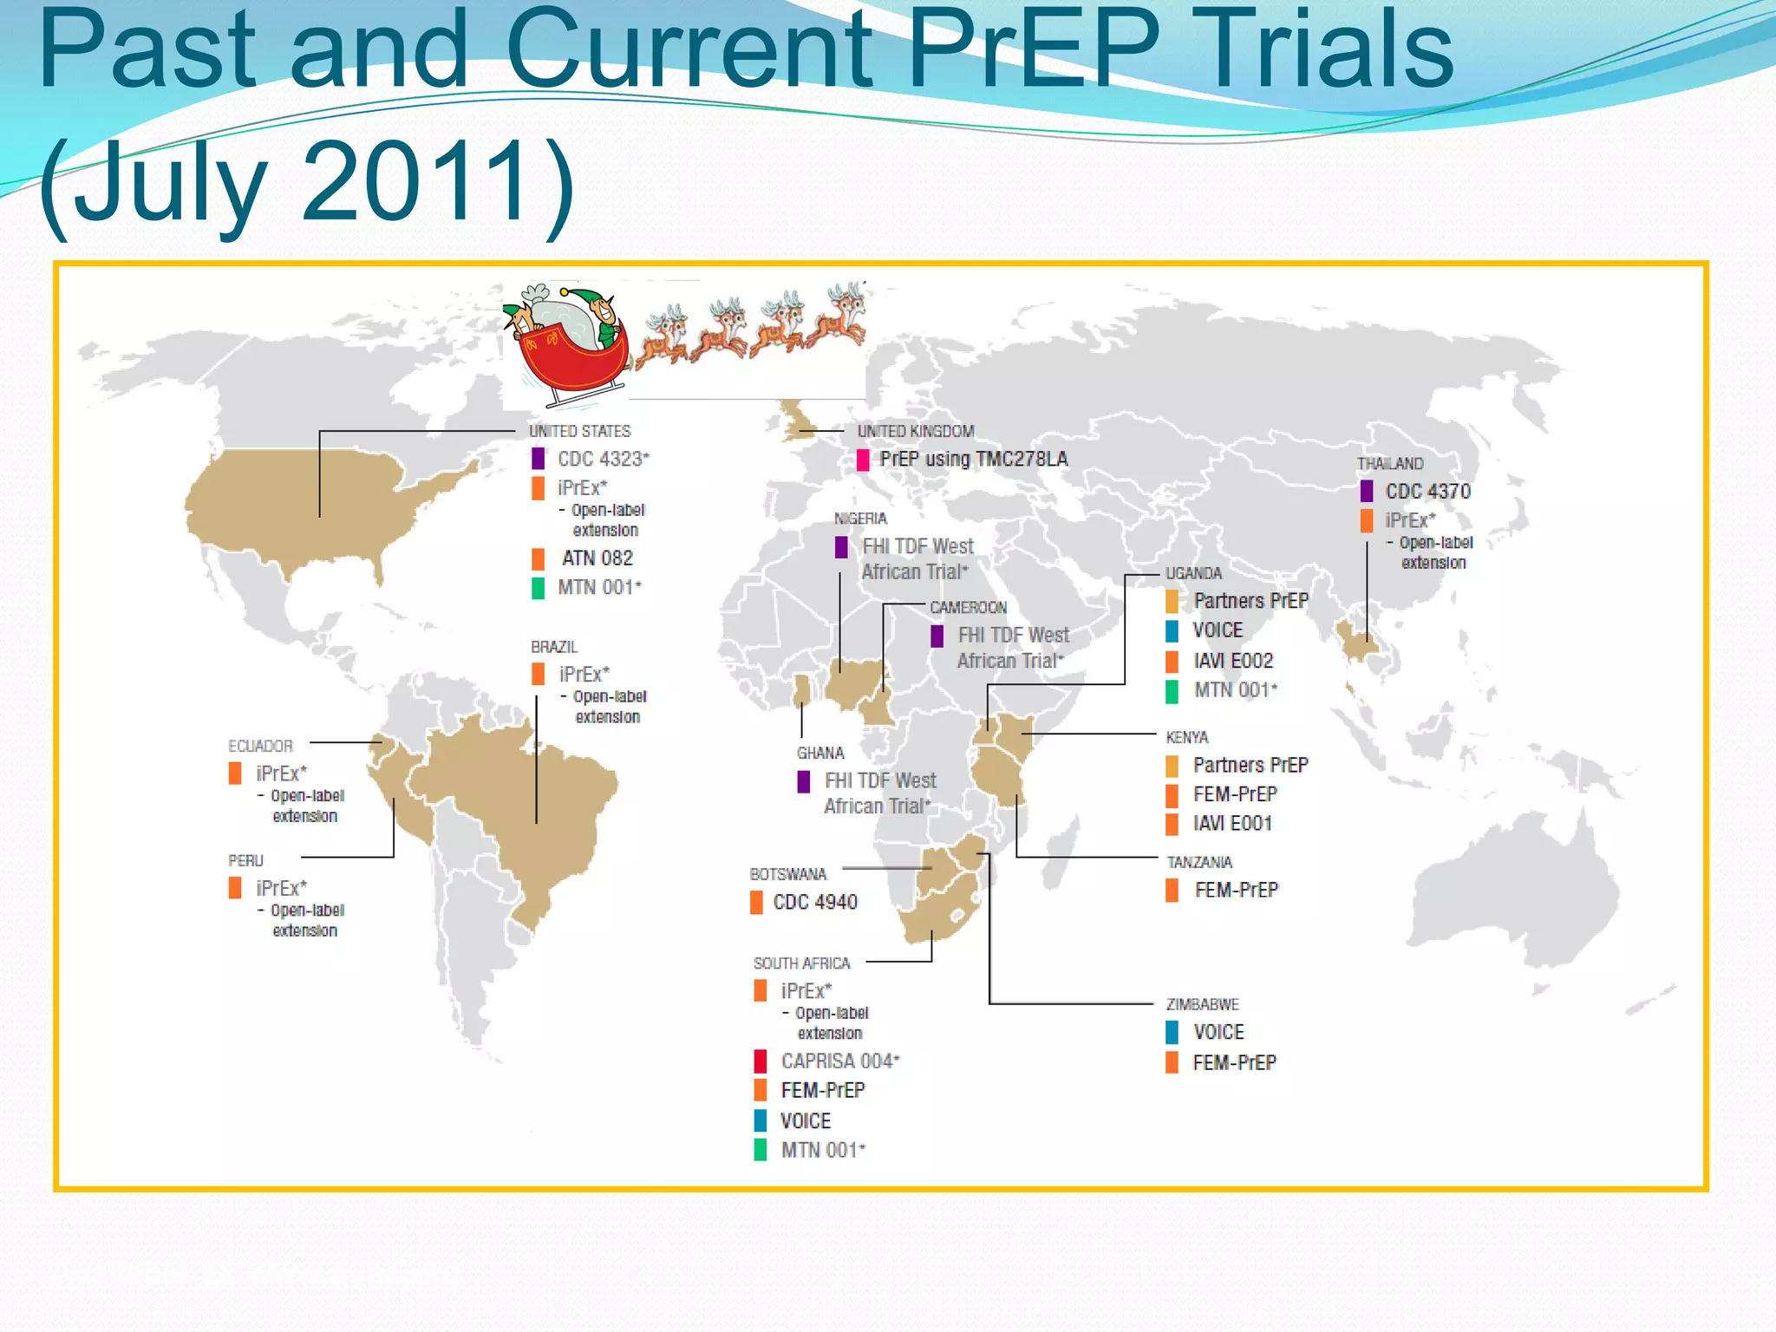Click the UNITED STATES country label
tap(579, 431)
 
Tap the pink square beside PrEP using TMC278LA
tap(863, 460)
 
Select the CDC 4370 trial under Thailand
tap(1427, 492)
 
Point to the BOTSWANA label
tap(787, 874)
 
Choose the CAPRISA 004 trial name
tap(839, 1061)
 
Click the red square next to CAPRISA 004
tap(761, 1061)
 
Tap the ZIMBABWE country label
tap(1202, 1004)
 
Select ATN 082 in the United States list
tap(597, 558)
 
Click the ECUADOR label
tap(260, 746)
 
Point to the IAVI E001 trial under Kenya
tap(1232, 824)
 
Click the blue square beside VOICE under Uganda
tap(1172, 630)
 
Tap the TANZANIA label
tap(1199, 862)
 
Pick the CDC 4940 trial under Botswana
tap(815, 903)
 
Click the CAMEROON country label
tap(968, 608)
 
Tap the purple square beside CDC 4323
tap(539, 459)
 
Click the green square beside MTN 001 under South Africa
tap(761, 1150)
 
